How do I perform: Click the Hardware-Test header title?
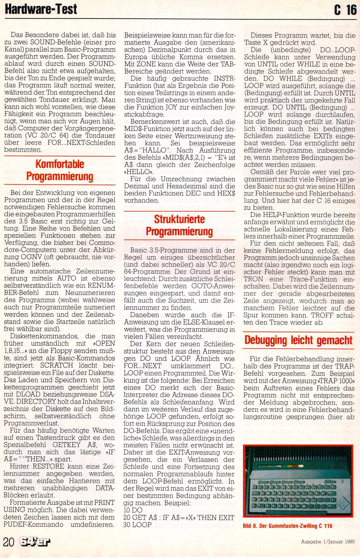[41, 9]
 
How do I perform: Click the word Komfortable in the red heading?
[60, 164]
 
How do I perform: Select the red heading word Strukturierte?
[179, 219]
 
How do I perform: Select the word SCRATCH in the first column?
[57, 365]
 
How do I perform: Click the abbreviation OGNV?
[30, 257]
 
